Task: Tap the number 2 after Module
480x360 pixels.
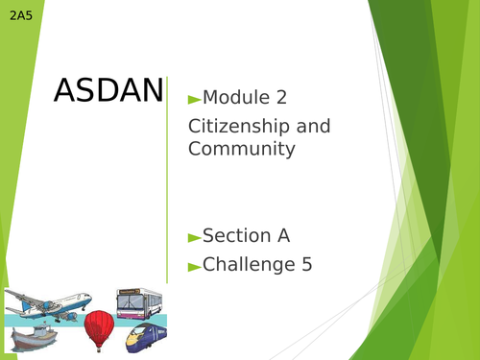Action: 280,98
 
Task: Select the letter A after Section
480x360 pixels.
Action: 282,236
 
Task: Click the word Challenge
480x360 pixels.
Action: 244,264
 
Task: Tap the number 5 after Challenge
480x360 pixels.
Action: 303,264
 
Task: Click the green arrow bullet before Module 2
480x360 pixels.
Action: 194,98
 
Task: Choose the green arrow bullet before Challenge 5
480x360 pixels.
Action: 194,265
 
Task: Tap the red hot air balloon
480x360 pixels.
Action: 99,329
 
